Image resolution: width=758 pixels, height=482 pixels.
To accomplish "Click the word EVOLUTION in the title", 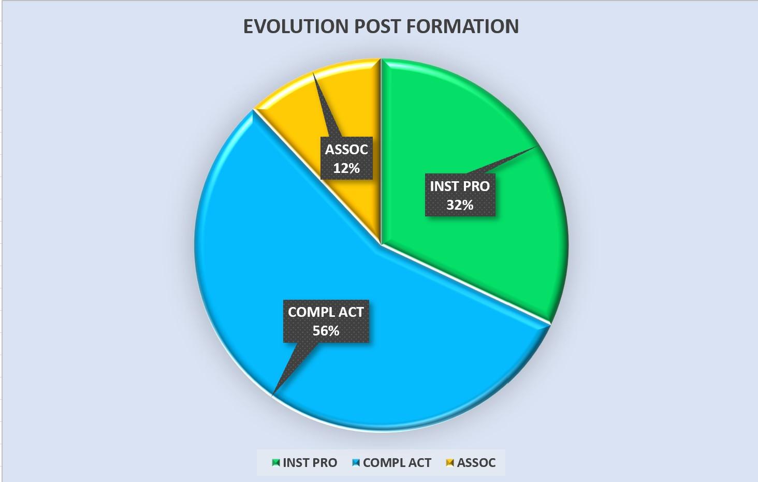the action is (x=296, y=26).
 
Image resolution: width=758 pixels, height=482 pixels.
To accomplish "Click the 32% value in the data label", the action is (x=460, y=205).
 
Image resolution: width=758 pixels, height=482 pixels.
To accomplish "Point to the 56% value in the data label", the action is (x=326, y=331).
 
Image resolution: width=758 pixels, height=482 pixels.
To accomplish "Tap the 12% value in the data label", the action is (x=346, y=168).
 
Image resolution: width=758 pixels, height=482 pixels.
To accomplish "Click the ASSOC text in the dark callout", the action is (x=346, y=150).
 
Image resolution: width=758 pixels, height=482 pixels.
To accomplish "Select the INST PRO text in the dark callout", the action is (x=460, y=186).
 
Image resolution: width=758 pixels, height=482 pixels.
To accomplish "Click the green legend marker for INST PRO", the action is (x=276, y=463).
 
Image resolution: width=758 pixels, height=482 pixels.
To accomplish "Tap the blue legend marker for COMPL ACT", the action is (x=356, y=463).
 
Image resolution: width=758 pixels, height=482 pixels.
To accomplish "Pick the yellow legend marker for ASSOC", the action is (x=450, y=463).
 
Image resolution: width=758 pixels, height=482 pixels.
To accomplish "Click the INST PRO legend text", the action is (x=310, y=463).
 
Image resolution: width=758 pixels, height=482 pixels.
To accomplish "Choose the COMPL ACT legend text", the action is (x=397, y=463).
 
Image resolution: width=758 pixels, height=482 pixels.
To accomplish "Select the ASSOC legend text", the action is (x=476, y=463).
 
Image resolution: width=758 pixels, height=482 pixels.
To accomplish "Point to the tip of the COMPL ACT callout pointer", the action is (x=272, y=395).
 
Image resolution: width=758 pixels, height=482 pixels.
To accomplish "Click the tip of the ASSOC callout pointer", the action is (x=313, y=73).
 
